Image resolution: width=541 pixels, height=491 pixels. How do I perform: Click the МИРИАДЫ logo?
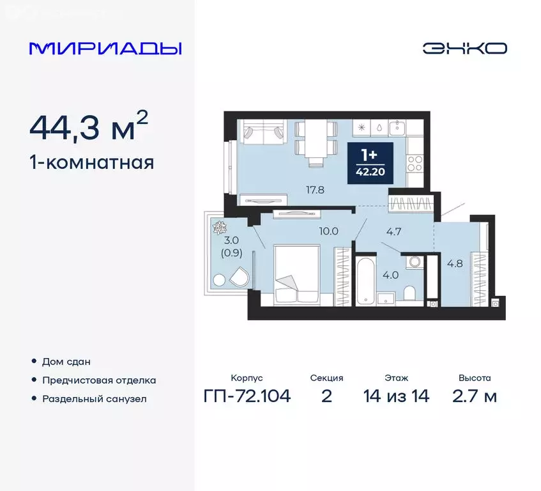point(105,49)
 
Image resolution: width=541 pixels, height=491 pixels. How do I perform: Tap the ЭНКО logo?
point(464,49)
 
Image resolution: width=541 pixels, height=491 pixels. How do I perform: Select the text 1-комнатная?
point(91,162)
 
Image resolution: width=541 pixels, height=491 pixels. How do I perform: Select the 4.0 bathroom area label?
point(388,277)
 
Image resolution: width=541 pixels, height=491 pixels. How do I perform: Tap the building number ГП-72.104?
point(247,396)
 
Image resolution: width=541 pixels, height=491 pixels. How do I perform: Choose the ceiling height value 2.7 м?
point(474,396)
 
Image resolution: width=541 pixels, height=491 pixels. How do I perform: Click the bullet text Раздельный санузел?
point(94,399)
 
